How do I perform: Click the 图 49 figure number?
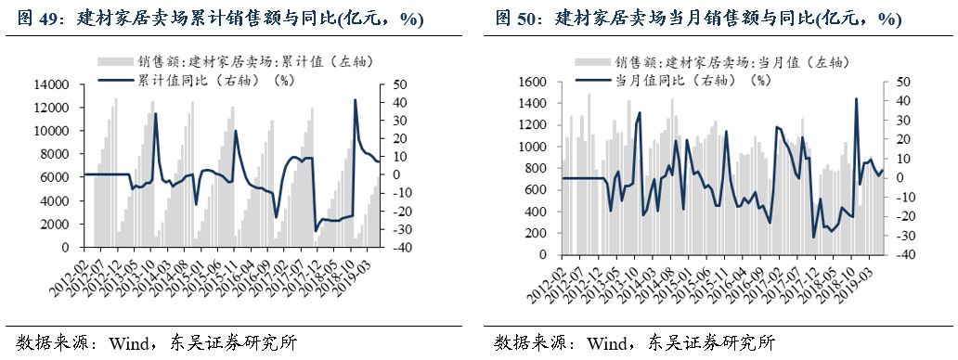35,19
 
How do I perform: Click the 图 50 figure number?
514,19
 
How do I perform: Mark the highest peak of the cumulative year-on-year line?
355,100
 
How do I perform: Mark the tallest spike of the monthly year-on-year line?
855,99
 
